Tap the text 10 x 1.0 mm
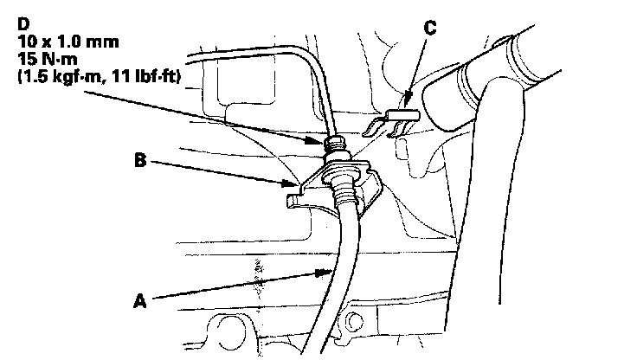[x=62, y=40]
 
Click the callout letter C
[x=429, y=28]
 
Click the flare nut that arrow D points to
[x=333, y=145]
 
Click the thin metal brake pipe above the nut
[x=322, y=87]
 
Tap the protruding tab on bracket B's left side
[x=293, y=202]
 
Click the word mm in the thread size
[x=102, y=40]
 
